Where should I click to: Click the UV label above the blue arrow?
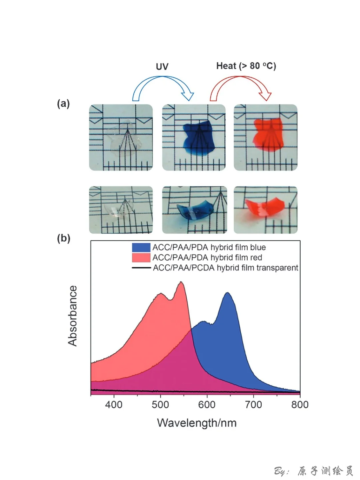tap(162, 67)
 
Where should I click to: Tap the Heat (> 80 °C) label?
tap(246, 66)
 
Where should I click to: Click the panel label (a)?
tap(63, 104)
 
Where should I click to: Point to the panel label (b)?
tap(64, 238)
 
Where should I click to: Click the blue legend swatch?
tap(141, 247)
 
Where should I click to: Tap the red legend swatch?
tap(141, 257)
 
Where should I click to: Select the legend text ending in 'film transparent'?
tap(225, 268)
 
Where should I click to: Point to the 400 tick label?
tap(114, 405)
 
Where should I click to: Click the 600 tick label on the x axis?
tap(207, 405)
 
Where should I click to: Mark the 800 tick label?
tap(299, 405)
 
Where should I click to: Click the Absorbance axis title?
tap(73, 316)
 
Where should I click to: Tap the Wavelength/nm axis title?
tap(197, 423)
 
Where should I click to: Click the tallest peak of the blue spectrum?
tap(228, 293)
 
